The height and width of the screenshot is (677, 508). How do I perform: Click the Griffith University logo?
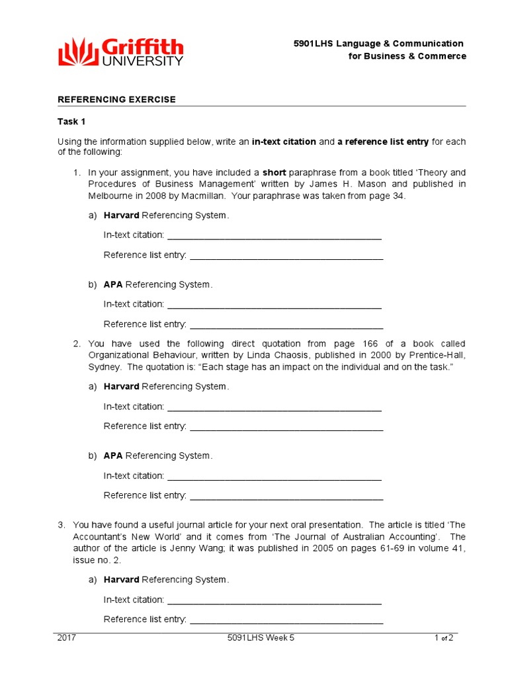(121, 52)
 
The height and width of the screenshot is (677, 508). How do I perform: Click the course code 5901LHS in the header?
(314, 44)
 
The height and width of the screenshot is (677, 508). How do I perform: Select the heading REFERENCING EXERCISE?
(116, 99)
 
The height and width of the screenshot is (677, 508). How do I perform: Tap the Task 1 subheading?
(71, 122)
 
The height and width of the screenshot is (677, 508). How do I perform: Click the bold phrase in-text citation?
(284, 141)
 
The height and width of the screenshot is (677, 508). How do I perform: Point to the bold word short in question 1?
(274, 173)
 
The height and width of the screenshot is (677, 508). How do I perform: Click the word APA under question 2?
(113, 456)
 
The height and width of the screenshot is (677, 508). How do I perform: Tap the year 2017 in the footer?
(67, 638)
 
